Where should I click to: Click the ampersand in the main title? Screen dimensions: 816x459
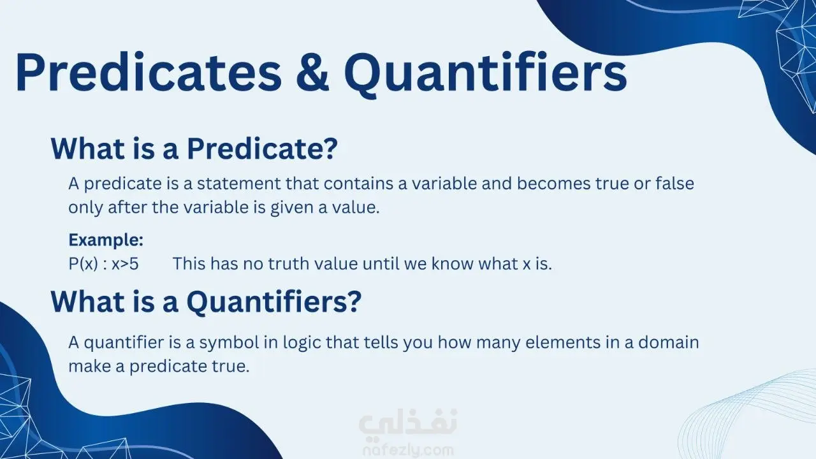(312, 72)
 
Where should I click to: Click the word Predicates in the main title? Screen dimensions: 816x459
(149, 71)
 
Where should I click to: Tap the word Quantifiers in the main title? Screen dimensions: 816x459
(486, 74)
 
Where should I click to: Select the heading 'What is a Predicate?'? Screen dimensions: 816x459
(194, 149)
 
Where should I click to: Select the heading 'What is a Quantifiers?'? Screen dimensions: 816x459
(206, 302)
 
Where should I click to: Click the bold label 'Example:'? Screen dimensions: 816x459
(106, 240)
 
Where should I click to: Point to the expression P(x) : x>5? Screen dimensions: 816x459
(103, 264)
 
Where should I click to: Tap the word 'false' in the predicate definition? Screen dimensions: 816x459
(674, 183)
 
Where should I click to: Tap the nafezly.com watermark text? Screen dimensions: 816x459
(408, 451)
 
